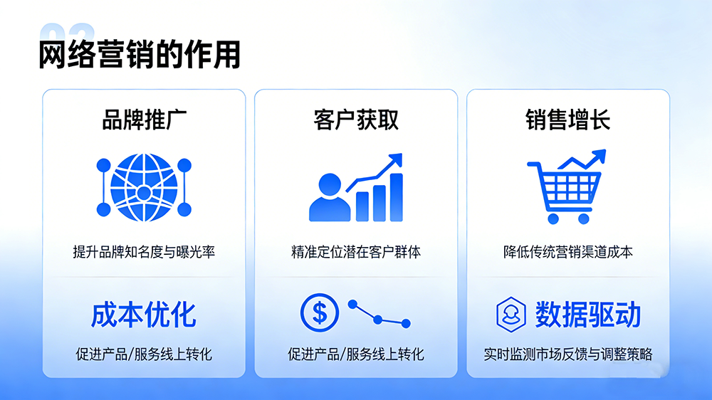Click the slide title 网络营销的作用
coord(139,55)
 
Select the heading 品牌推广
coord(145,120)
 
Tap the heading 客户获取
coord(356,120)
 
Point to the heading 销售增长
coord(567,120)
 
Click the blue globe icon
coord(144,187)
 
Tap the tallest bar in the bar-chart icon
coord(396,196)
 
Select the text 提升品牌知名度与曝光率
coord(144,252)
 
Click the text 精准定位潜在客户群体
coord(356,252)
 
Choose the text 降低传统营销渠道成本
coord(567,252)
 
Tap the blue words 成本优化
coord(144,314)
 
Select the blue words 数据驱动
coord(588,314)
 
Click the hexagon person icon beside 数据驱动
coord(511,314)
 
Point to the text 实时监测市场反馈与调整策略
coord(567,354)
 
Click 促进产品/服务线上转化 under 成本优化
coord(144,354)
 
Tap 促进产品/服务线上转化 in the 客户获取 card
coord(356,354)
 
